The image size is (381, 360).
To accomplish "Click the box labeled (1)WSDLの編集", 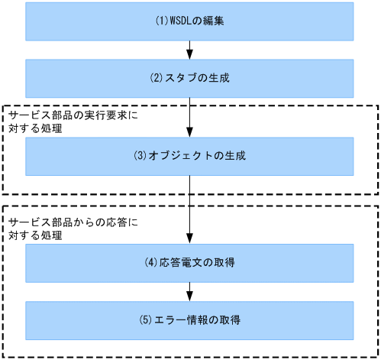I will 189,21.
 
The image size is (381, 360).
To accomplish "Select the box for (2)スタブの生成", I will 189,79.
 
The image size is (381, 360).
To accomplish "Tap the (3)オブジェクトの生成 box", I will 189,156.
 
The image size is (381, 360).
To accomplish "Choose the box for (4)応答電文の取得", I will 189,263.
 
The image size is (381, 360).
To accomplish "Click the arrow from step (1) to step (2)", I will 189,50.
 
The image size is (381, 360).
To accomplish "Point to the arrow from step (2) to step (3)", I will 189,118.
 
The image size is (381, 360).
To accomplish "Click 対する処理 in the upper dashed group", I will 35,128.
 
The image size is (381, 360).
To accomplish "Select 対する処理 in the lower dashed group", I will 35,235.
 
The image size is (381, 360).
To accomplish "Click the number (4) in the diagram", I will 151,263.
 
